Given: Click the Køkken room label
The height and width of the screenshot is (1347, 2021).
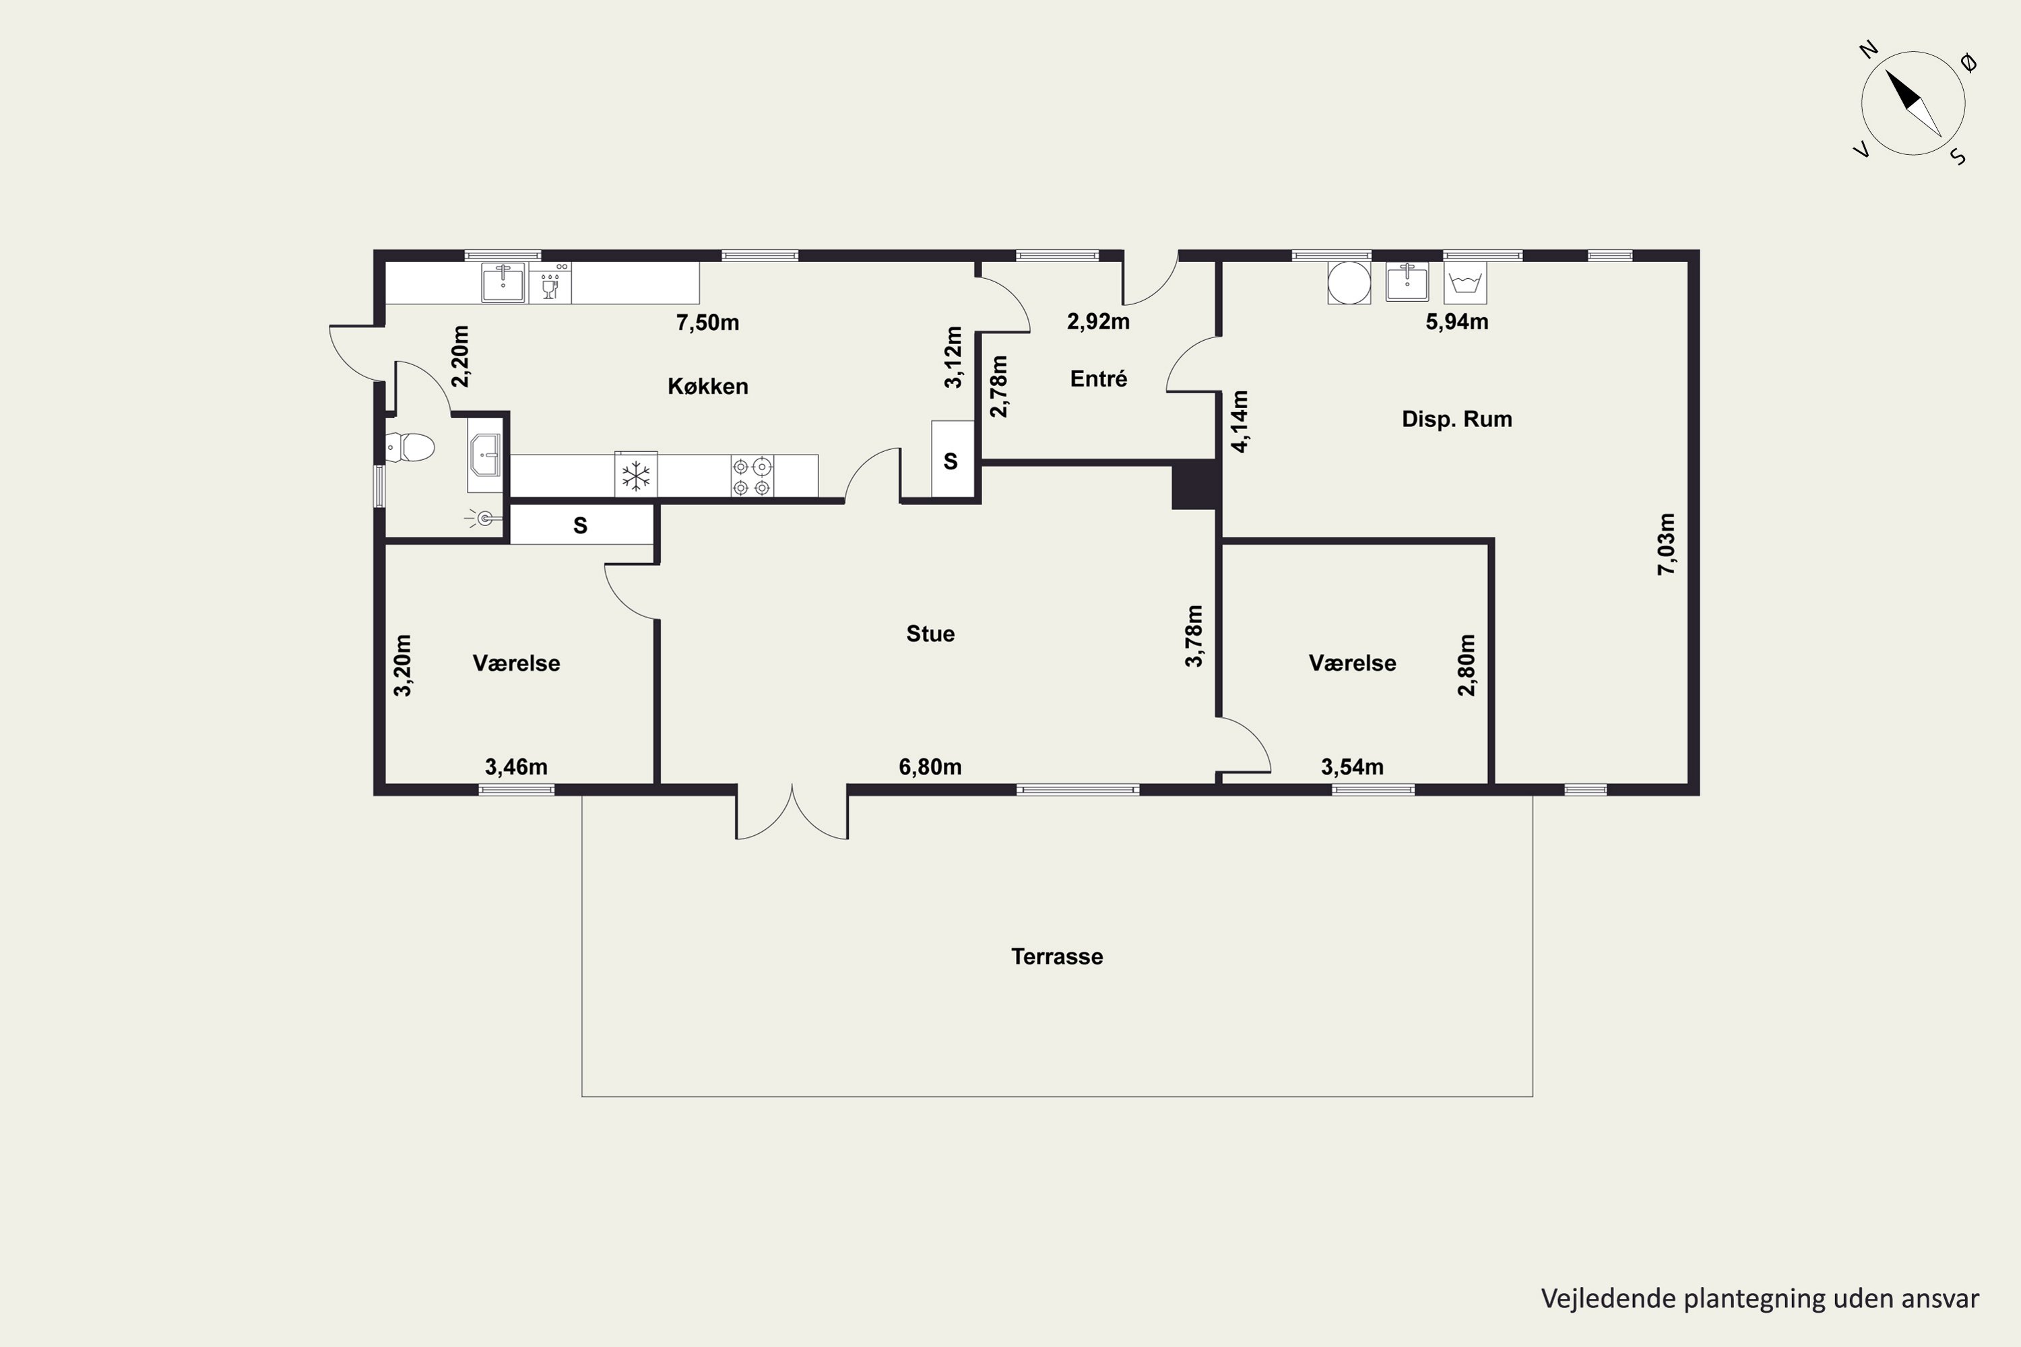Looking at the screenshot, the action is pos(707,387).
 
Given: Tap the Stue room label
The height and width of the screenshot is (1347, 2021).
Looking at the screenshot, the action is pos(930,634).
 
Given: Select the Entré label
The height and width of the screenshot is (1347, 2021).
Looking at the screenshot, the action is pos(1098,379).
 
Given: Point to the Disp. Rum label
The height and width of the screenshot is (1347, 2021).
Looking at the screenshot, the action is pos(1456,419).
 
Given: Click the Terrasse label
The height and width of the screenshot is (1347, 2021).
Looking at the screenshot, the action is pos(1057,956).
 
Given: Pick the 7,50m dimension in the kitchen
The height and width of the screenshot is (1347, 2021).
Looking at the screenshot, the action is pos(707,323).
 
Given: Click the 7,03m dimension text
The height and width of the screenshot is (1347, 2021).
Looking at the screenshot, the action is pos(1666,544).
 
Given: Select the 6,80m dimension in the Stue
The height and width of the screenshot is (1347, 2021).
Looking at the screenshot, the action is pos(930,766).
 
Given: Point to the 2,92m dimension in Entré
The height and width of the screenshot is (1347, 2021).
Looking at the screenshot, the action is pos(1098,322).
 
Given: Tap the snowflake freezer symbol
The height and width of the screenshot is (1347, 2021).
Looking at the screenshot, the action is pos(636,475).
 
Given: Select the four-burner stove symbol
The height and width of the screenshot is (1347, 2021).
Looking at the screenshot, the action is pos(752,477).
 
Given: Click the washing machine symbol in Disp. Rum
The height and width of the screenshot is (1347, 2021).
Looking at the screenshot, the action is pos(1465,284).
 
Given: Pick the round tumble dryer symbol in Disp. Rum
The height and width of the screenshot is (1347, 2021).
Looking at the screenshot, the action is pos(1349,283).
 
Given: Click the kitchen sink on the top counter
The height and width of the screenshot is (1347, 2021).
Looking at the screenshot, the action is pos(503,283).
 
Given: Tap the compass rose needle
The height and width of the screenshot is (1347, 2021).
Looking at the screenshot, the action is pos(1914,103).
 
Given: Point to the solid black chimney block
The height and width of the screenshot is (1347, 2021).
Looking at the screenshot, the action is pos(1194,486).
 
